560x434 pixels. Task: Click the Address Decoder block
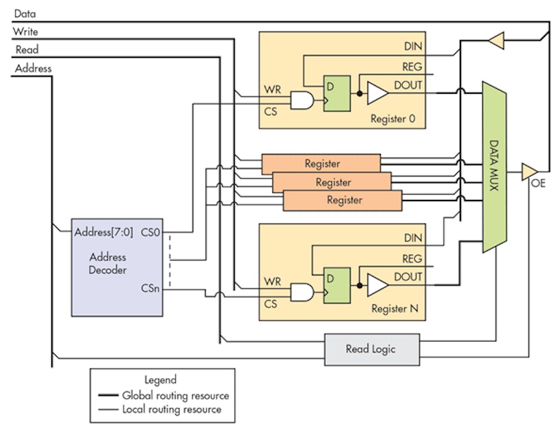(117, 268)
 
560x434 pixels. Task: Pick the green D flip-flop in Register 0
(337, 94)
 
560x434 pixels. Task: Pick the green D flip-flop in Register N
(337, 285)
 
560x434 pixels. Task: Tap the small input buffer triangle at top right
(496, 41)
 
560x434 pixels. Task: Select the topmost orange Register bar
(321, 163)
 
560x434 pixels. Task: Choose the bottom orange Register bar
(343, 200)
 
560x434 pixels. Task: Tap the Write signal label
(26, 31)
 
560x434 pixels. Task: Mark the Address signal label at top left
(33, 68)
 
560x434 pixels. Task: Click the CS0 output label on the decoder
(150, 232)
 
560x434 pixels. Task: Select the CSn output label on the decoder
(150, 289)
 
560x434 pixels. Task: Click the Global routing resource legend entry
(175, 395)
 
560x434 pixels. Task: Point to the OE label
(538, 183)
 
